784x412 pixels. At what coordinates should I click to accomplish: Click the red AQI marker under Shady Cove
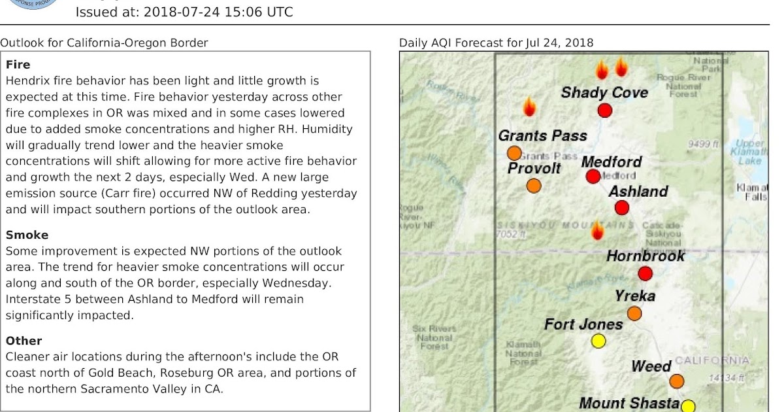[x=605, y=111]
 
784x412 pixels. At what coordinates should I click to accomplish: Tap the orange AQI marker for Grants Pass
[x=514, y=154]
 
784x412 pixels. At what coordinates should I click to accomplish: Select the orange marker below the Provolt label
[x=534, y=186]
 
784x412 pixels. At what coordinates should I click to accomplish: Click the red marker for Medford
[x=593, y=176]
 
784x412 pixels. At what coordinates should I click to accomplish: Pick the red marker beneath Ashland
[x=621, y=208]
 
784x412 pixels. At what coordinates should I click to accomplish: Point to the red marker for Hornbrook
[x=645, y=273]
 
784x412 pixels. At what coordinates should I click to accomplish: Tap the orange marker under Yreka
[x=634, y=313]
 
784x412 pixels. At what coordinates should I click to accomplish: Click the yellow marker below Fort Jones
[x=598, y=341]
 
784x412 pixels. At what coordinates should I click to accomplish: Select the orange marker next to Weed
[x=676, y=381]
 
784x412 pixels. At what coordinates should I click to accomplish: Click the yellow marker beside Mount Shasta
[x=688, y=406]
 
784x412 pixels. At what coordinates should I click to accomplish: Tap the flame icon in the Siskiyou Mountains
[x=596, y=230]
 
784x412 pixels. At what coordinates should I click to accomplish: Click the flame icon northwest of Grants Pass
[x=529, y=107]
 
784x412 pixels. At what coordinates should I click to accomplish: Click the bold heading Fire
[x=18, y=65]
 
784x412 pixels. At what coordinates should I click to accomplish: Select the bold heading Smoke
[x=27, y=235]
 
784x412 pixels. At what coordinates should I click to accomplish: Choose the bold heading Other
[x=24, y=341]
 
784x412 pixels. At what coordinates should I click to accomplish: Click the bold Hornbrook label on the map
[x=645, y=256]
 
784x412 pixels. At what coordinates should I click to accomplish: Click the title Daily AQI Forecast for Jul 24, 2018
[x=496, y=43]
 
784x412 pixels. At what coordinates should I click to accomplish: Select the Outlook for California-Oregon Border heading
[x=104, y=43]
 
